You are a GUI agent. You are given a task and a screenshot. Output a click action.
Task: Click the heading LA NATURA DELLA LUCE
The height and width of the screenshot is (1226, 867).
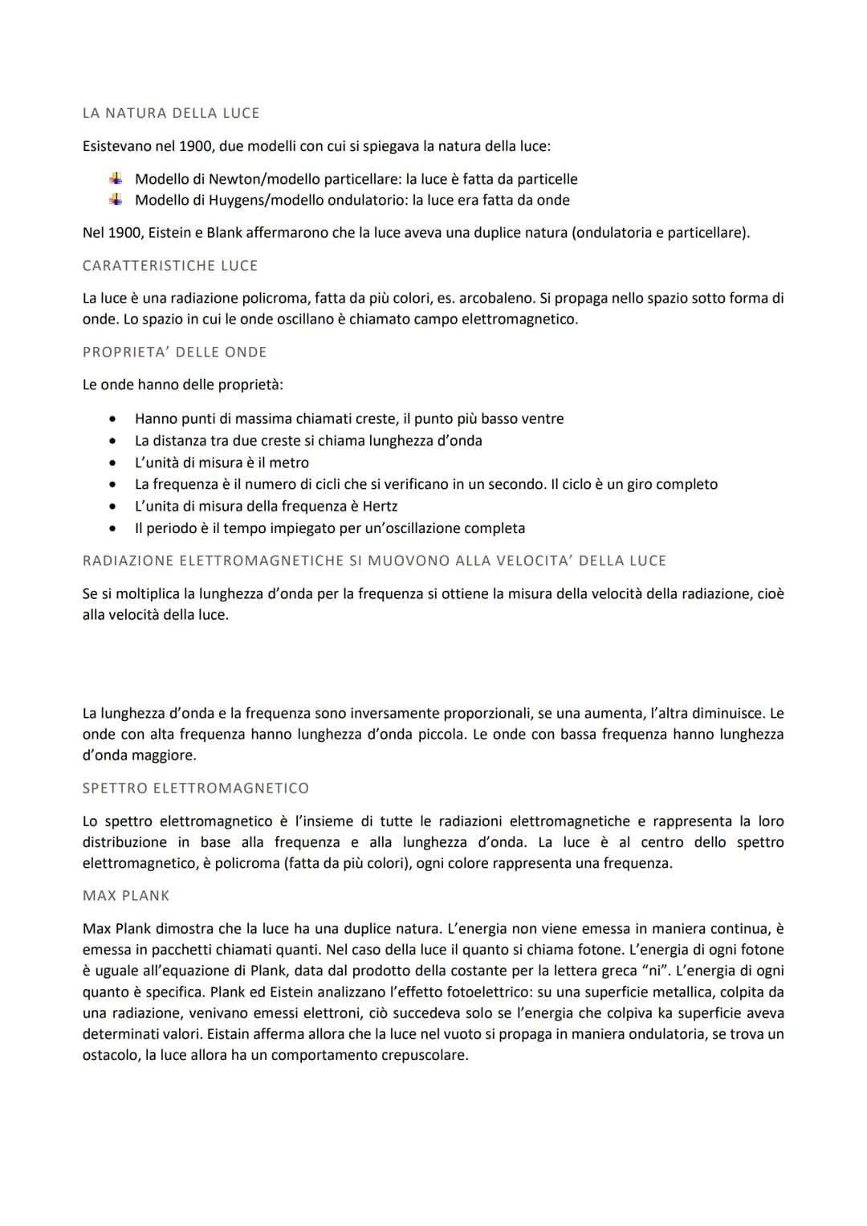pyautogui.click(x=171, y=113)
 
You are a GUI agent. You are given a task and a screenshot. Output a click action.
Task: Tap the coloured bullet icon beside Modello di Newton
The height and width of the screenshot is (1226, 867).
pyautogui.click(x=116, y=178)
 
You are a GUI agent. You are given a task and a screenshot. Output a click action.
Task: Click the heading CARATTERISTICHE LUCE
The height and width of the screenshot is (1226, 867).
pyautogui.click(x=170, y=266)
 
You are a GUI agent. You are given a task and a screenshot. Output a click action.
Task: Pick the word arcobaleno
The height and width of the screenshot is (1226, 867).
pyautogui.click(x=490, y=298)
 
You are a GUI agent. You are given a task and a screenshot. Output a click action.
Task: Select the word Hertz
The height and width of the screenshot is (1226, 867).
pyautogui.click(x=380, y=507)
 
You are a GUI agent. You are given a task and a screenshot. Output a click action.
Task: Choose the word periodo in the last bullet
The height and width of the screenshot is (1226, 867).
pyautogui.click(x=171, y=528)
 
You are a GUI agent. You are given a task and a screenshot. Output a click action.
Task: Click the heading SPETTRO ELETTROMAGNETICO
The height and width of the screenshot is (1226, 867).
pyautogui.click(x=195, y=788)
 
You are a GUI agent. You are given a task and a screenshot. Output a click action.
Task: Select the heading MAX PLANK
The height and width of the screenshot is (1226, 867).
pyautogui.click(x=126, y=896)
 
